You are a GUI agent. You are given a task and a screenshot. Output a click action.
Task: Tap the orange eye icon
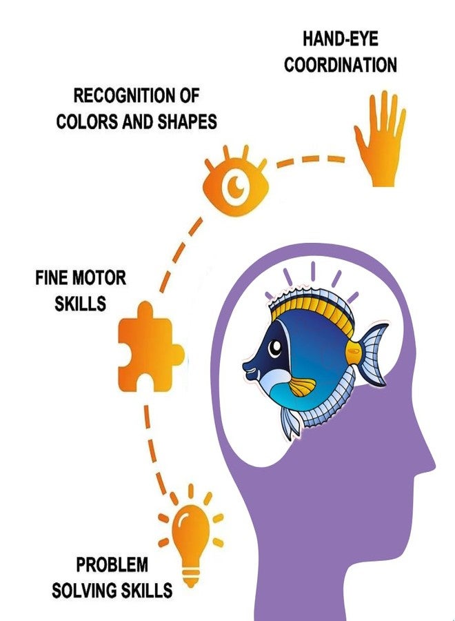point(236,181)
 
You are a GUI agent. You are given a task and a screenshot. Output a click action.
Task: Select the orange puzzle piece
point(148,347)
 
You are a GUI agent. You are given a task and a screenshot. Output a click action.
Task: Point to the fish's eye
point(274,348)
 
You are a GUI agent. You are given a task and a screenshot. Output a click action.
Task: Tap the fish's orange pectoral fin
point(303,386)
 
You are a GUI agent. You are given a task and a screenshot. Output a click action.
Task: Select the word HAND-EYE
point(341,39)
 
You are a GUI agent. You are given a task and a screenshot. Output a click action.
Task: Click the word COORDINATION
point(341,65)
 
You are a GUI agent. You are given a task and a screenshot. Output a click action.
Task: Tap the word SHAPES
point(188,121)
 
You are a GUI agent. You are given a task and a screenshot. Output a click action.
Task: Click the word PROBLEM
point(112,564)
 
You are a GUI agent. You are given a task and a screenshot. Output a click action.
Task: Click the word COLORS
point(87,121)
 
